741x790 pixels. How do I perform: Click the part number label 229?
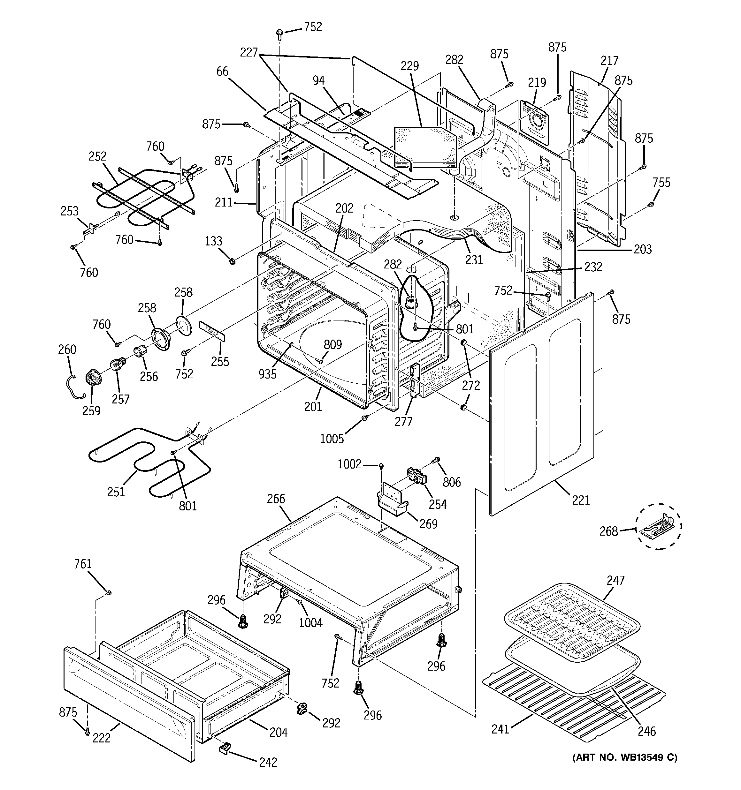410,66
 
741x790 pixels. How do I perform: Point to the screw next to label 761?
109,593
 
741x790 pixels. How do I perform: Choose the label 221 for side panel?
581,500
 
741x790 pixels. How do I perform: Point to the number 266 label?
276,499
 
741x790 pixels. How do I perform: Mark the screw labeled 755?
651,204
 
